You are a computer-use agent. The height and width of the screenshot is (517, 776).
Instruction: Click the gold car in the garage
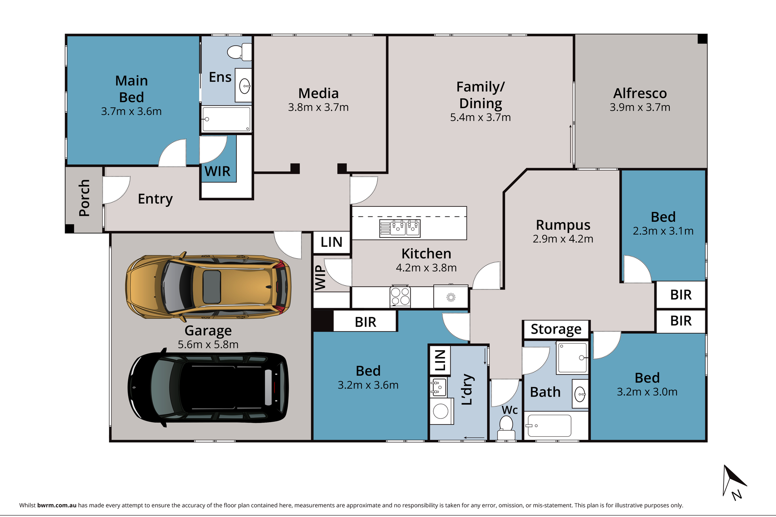point(208,286)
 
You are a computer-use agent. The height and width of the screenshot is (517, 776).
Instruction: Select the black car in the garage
point(208,387)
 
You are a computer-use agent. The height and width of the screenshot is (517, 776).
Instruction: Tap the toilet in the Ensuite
point(239,52)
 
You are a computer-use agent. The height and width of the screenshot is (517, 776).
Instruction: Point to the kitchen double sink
point(400,228)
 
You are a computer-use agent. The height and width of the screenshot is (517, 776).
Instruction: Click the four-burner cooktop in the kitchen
point(400,296)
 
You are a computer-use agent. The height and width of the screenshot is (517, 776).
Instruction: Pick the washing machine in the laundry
point(441,411)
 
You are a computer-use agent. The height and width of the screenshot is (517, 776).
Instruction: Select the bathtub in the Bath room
point(549,426)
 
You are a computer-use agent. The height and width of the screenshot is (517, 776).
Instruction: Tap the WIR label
point(217,171)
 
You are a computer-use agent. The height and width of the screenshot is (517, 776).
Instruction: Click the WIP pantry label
point(320,277)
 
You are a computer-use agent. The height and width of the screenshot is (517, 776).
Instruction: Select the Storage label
point(556,329)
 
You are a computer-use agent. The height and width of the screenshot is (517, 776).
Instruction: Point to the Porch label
point(84,198)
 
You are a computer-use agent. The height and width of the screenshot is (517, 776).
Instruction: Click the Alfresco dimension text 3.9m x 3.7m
point(640,107)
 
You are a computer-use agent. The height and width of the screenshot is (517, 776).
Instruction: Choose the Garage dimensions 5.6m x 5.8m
point(208,345)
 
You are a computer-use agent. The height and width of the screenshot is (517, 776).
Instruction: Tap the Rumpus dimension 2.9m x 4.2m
point(563,239)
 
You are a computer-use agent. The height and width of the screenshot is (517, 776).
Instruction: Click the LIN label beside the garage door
point(331,242)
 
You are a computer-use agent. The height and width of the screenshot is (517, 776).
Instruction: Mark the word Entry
point(155,199)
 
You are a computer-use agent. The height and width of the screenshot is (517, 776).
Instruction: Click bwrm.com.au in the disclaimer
point(57,505)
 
